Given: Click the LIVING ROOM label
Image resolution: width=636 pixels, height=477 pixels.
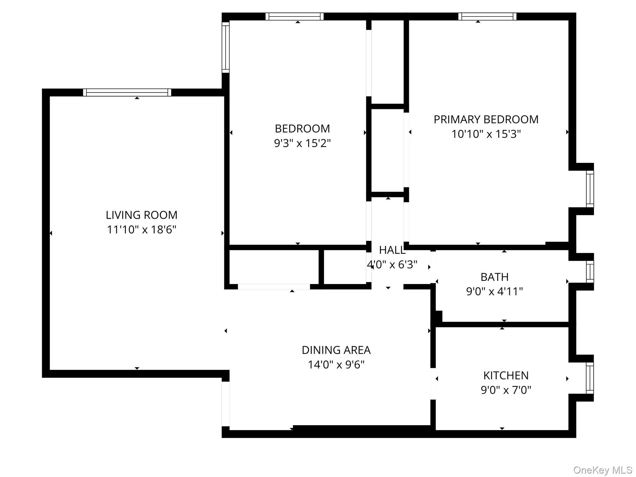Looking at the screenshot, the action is click(x=141, y=215).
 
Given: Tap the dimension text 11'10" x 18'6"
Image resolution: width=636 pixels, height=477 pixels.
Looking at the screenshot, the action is click(x=141, y=229).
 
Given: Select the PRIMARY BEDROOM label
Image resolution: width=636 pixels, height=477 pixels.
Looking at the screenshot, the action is click(x=486, y=119).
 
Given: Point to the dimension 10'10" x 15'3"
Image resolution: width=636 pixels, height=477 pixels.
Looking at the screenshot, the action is click(x=486, y=134).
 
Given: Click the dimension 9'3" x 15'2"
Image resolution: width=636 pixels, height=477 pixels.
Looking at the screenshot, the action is click(x=302, y=143).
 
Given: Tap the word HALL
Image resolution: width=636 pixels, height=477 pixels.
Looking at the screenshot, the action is click(x=392, y=250).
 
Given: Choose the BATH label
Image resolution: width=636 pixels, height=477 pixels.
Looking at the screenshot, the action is click(x=495, y=277).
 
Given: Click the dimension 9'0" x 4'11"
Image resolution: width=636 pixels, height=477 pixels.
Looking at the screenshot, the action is click(x=495, y=291).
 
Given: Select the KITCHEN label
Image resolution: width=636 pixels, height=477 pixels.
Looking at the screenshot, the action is click(x=506, y=375).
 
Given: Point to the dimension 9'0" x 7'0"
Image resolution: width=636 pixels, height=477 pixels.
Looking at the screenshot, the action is click(x=506, y=390).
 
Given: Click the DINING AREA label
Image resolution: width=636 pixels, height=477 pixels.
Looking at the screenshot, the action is click(x=336, y=350).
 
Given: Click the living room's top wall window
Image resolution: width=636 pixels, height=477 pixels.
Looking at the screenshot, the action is click(x=127, y=92).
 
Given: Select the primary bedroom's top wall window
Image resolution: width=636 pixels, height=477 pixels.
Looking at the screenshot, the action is click(x=487, y=16).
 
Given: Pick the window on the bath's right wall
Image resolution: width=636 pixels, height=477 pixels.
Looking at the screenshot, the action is click(x=590, y=272).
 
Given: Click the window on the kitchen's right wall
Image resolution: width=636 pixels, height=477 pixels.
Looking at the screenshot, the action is click(x=590, y=378).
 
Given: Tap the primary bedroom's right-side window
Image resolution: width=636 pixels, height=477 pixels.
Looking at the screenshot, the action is click(x=590, y=189).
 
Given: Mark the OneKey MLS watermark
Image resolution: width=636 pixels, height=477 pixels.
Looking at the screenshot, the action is click(x=602, y=470).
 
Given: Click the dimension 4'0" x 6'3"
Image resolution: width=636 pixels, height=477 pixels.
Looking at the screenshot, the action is click(x=392, y=264).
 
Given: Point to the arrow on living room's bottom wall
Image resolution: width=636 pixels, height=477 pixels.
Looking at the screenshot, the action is click(x=137, y=368).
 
